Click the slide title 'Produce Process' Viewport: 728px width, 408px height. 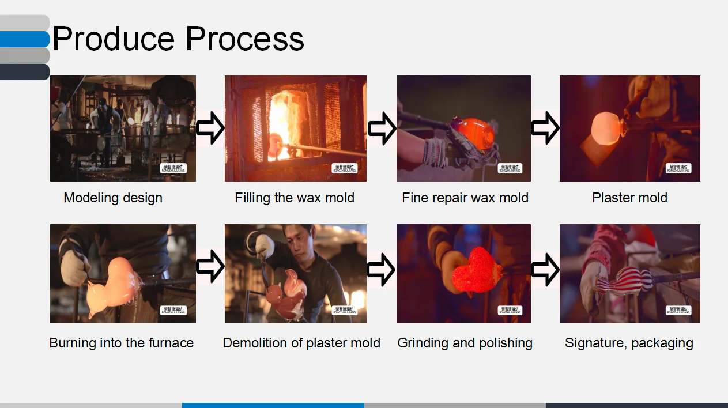[178, 39]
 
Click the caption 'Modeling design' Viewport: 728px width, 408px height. [113, 198]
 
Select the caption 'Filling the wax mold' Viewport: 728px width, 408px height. [295, 198]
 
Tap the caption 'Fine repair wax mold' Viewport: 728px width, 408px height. [465, 198]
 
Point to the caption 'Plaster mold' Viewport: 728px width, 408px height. [629, 198]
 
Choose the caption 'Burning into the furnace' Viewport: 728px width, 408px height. [122, 343]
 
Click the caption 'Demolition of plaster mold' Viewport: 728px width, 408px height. [301, 343]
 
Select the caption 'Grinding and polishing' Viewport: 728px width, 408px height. [465, 343]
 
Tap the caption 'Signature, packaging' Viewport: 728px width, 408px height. [629, 343]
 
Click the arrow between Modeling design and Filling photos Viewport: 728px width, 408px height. [210, 129]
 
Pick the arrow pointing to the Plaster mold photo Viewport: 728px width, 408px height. [545, 129]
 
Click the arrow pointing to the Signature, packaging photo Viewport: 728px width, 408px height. [545, 269]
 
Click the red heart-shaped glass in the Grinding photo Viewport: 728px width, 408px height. [477, 270]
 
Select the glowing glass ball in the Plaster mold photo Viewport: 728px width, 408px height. [603, 126]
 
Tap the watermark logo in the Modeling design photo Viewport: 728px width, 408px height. [173, 168]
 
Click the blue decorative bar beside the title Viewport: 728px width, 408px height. [25, 39]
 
